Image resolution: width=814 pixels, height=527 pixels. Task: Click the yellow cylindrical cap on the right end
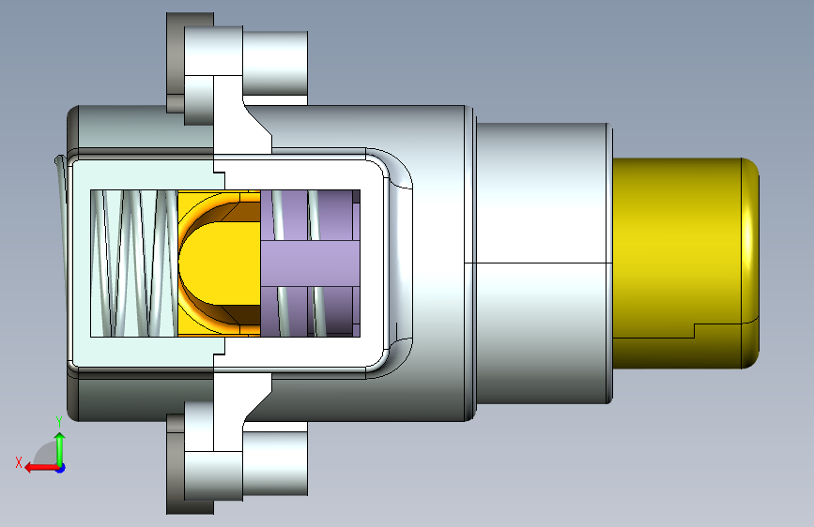tap(685, 263)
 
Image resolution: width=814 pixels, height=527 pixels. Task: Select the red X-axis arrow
tap(41, 468)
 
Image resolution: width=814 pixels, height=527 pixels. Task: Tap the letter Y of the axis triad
tap(59, 422)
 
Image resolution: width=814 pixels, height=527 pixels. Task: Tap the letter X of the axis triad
tap(19, 462)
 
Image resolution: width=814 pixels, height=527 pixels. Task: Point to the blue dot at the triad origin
tap(61, 468)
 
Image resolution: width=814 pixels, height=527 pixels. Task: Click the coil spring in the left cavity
tap(134, 263)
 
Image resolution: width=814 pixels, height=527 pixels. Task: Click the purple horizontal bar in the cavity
tap(310, 263)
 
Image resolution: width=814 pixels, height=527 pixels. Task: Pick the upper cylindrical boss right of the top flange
tap(275, 63)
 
